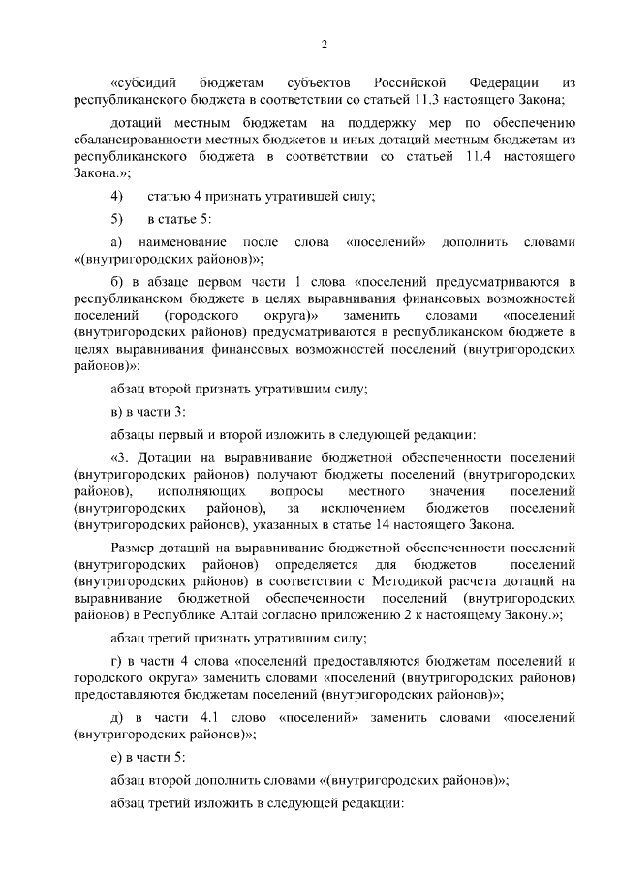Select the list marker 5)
[118, 219]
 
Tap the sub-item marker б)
[118, 281]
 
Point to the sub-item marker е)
[117, 756]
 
